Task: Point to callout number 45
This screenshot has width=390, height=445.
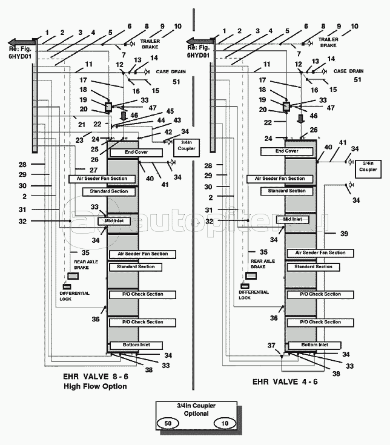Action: click(x=170, y=111)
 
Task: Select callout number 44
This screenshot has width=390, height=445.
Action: click(x=160, y=120)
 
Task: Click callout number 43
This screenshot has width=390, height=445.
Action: click(x=177, y=120)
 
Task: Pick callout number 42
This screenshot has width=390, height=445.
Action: click(x=168, y=131)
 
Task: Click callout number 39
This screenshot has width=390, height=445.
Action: click(x=345, y=233)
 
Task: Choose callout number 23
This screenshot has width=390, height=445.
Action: click(x=80, y=140)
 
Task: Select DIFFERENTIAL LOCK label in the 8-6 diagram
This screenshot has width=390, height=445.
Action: click(x=74, y=296)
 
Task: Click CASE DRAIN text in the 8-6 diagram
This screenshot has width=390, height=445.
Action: click(x=170, y=71)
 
